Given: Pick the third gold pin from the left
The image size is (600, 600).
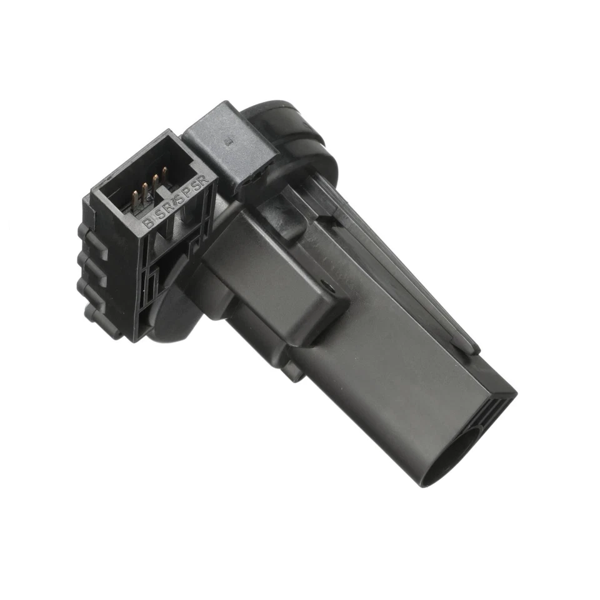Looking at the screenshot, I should (155, 182).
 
